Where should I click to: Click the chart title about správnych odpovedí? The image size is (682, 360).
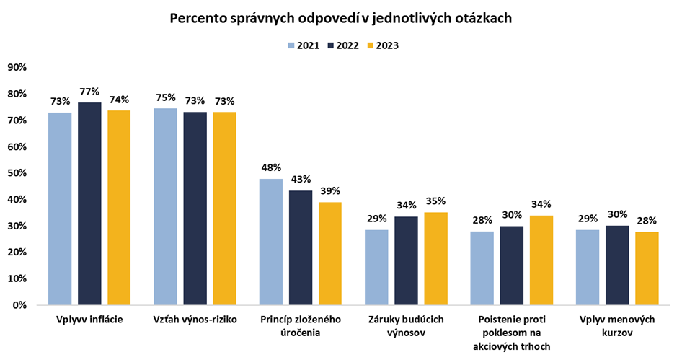click(341, 18)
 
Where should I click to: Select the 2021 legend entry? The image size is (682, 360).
click(303, 45)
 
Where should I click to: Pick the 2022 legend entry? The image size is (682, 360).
click(342, 45)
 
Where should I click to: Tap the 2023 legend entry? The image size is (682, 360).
click(381, 45)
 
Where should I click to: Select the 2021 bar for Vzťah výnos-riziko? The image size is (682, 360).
click(165, 206)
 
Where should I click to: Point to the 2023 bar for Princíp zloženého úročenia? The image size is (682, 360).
click(330, 253)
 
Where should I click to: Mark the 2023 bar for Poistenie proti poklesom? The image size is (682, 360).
click(541, 260)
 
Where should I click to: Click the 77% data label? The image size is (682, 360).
click(89, 92)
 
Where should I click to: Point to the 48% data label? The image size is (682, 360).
click(271, 168)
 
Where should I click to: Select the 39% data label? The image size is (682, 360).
click(330, 191)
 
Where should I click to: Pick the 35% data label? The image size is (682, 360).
click(435, 201)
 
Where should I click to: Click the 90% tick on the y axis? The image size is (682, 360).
click(17, 67)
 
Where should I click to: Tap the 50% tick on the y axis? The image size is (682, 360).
click(17, 173)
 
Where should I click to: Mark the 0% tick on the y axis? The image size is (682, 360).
click(19, 305)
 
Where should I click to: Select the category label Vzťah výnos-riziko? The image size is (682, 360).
click(195, 319)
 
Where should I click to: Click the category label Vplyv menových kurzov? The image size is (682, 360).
click(617, 325)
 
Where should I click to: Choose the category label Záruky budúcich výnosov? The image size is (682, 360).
click(406, 325)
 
